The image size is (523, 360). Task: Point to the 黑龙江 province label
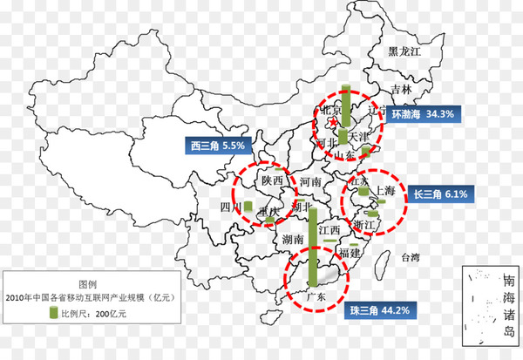coord(404,53)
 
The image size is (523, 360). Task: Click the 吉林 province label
coord(401,89)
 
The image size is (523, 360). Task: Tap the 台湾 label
coord(410,258)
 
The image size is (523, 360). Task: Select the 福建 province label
coord(350,252)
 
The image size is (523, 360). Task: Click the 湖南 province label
coord(293,238)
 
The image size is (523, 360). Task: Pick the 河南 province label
coord(310,182)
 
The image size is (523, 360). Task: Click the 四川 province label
coord(230,208)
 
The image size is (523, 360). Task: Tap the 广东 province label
coord(316,295)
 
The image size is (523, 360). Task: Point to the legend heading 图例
coord(88,284)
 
